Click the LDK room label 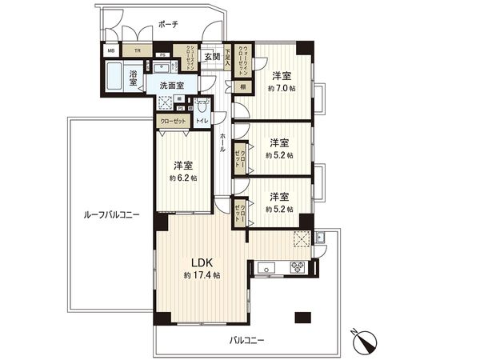(x=201, y=261)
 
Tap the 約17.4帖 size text (x=202, y=275)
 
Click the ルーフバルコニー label (x=111, y=214)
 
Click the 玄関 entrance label (x=210, y=56)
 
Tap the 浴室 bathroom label (x=134, y=78)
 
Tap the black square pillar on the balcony (x=302, y=316)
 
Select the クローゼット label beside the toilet (x=174, y=121)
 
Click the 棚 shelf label (x=241, y=86)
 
